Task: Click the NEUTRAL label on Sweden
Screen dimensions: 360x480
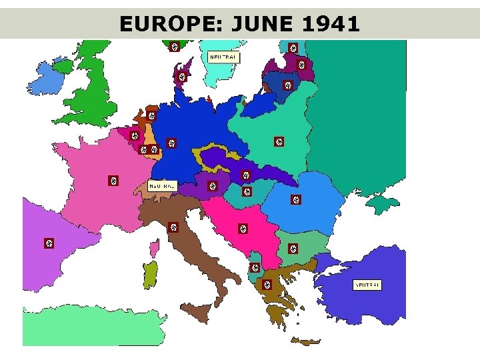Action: (x=223, y=57)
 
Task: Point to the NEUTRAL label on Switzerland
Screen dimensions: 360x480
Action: (x=162, y=185)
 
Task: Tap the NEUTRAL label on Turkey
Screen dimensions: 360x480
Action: (x=367, y=285)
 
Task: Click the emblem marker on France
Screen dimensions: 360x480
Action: (x=113, y=181)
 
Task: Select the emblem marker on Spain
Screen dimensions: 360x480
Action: (x=48, y=243)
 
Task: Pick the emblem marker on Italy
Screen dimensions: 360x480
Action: (x=173, y=227)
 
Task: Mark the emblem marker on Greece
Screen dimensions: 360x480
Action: (x=267, y=285)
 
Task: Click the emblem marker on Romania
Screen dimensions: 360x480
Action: (x=296, y=199)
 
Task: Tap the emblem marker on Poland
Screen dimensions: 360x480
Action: (x=279, y=141)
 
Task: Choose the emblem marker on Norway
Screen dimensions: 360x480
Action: (x=174, y=47)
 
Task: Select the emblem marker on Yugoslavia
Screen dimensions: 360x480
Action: (x=243, y=229)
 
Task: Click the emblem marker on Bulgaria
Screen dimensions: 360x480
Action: (x=293, y=249)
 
